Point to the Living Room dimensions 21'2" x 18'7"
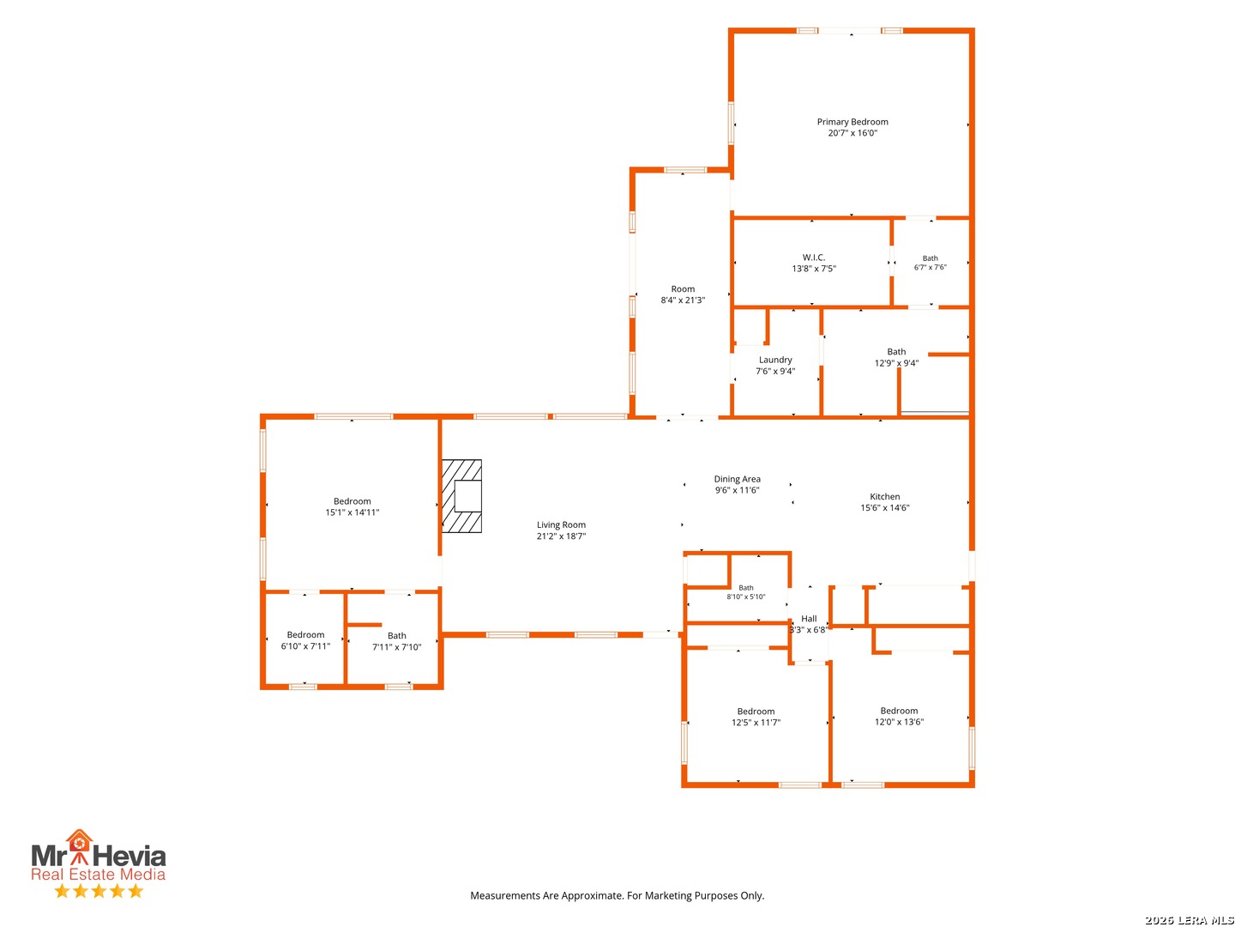tap(561, 536)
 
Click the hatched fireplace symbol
tap(461, 496)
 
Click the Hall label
tap(809, 619)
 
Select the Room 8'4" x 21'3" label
tap(683, 294)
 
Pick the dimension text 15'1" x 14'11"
tap(352, 512)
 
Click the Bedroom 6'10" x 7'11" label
tap(305, 640)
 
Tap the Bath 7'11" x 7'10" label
tap(397, 641)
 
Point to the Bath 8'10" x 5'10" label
tap(745, 592)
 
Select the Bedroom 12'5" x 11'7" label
tap(756, 717)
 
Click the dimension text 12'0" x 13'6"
tap(899, 722)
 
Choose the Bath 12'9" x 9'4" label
tap(896, 357)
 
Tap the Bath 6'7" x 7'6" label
tap(930, 263)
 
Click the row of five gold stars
tap(99, 891)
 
